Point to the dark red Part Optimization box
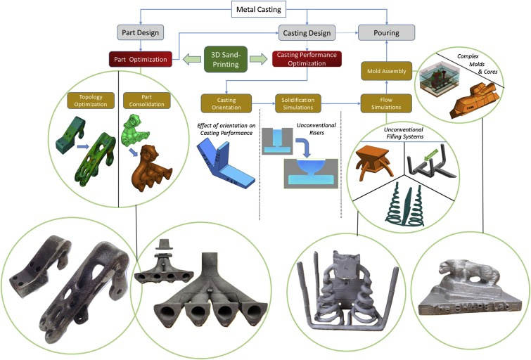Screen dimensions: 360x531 141,60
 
